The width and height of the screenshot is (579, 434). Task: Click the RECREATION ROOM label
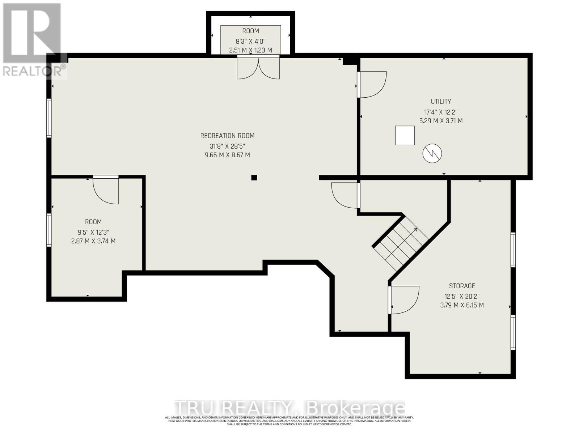[227, 136]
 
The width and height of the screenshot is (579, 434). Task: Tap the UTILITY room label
[441, 102]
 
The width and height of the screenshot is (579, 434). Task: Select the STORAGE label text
[462, 286]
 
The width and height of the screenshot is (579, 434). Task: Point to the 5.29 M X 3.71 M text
[441, 121]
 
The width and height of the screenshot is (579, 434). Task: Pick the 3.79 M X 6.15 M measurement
[462, 305]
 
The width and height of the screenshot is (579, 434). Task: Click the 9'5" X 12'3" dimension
[93, 232]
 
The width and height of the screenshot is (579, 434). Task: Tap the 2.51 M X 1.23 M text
[250, 50]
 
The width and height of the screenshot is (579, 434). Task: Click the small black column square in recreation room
[254, 178]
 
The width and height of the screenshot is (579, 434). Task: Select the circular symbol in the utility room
[432, 153]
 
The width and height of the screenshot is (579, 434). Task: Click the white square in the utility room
[405, 135]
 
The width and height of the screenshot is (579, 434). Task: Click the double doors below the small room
[258, 68]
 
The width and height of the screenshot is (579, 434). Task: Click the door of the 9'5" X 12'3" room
[106, 190]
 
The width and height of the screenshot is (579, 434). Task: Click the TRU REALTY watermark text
[289, 408]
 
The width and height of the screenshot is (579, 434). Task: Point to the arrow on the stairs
[414, 230]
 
